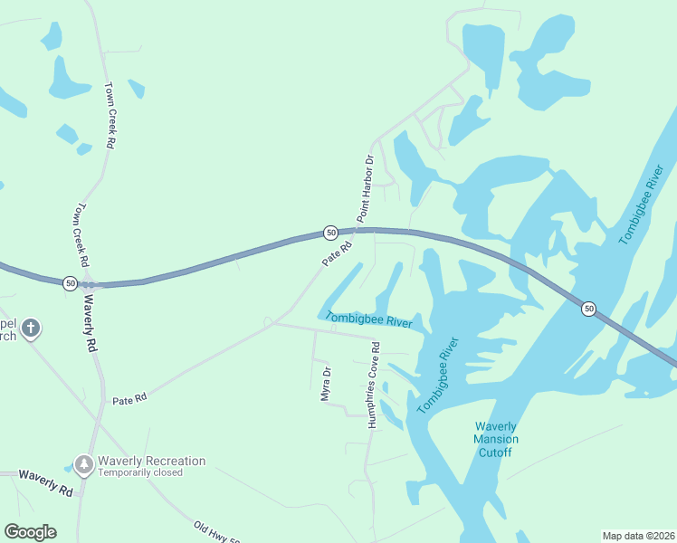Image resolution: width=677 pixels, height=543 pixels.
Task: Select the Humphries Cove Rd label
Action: [373, 386]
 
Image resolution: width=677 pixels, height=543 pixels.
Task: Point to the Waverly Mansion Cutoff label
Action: [496, 439]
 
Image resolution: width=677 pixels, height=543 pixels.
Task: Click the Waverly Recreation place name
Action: [152, 461]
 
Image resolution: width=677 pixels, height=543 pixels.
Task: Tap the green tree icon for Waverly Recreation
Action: [84, 464]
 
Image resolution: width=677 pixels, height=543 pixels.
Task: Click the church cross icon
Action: [31, 328]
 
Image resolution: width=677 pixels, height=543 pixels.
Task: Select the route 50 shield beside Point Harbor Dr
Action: [331, 233]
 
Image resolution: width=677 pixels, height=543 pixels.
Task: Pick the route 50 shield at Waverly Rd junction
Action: [70, 283]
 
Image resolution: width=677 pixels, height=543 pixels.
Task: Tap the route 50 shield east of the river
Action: [588, 309]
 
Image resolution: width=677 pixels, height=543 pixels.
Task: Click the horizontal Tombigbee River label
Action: [368, 319]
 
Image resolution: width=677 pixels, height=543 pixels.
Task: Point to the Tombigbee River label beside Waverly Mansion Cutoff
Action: [438, 376]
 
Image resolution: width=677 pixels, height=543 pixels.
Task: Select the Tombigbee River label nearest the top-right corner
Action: [643, 204]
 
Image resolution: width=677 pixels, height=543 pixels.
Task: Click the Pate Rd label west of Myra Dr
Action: [129, 399]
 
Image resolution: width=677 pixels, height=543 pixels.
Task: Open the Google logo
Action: [30, 532]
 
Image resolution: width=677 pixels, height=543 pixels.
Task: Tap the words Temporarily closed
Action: [140, 472]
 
